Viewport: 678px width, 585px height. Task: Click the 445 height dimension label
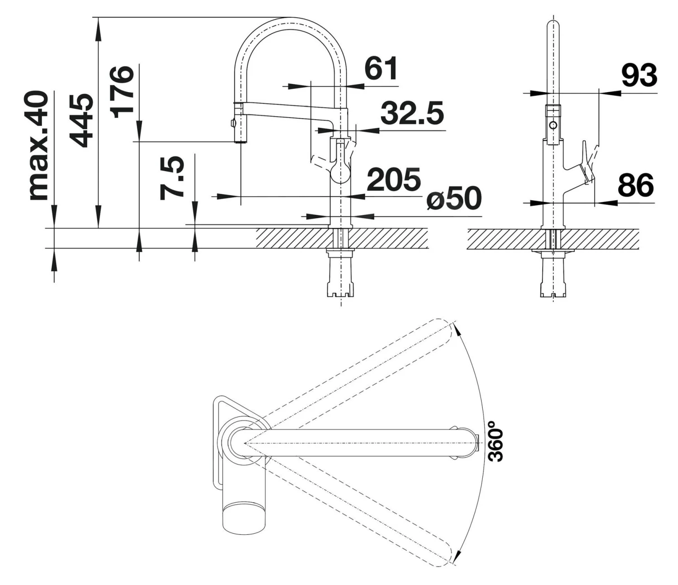point(82,121)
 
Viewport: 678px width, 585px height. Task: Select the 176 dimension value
point(122,92)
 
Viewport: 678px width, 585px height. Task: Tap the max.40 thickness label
point(38,145)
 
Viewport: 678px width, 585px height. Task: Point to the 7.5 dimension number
point(172,178)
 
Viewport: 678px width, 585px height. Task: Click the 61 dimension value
point(381,69)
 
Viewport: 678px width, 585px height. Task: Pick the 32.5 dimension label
point(412,113)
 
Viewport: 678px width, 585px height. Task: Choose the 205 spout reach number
point(393,179)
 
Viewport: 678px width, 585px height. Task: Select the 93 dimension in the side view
point(639,75)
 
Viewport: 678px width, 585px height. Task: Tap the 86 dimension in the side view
point(636,185)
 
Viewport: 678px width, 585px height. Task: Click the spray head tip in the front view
point(240,140)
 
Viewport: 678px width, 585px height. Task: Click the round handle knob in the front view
point(341,172)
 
